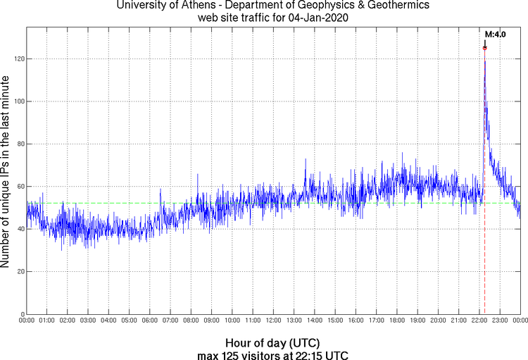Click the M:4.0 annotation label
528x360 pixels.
point(496,34)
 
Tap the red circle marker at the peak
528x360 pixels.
point(485,48)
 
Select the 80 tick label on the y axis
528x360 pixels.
point(20,144)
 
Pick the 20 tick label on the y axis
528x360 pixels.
point(20,271)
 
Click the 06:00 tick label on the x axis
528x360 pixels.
point(150,321)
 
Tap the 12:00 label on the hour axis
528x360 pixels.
point(273,321)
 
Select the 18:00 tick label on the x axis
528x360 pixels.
point(397,321)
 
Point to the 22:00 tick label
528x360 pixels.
point(479,321)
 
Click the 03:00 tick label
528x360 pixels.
point(88,321)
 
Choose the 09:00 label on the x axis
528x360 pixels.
point(212,321)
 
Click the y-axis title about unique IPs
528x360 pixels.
point(6,171)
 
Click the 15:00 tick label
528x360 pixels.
point(335,321)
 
